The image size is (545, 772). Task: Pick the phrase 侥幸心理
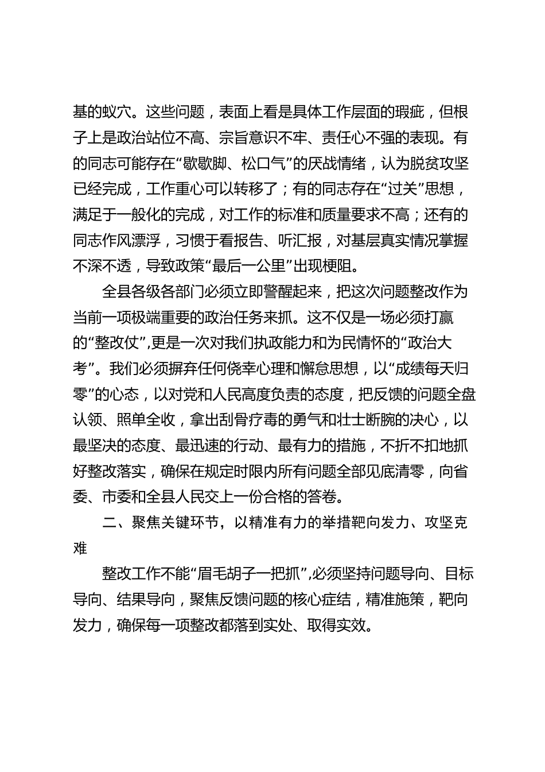[x=247, y=369]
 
